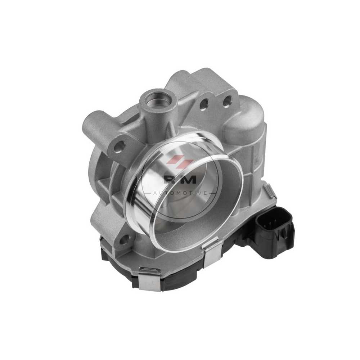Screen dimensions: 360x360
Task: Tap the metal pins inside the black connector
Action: tap(268, 225)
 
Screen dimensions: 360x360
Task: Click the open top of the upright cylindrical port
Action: tap(156, 98)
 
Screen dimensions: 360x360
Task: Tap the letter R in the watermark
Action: tap(169, 179)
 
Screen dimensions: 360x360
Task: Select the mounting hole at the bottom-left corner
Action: tap(124, 240)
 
